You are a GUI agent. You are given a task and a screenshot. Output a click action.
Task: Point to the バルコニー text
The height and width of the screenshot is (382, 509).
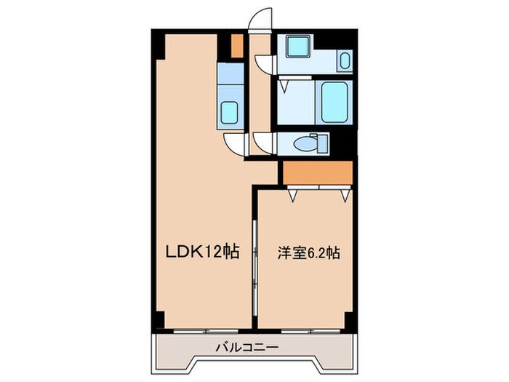point(247,349)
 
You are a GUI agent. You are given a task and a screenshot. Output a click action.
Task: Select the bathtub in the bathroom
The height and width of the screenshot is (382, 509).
point(334,103)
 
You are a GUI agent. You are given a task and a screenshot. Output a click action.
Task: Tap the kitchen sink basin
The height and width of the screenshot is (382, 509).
point(231,113)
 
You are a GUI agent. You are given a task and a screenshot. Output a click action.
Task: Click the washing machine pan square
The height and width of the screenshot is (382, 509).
point(297,49)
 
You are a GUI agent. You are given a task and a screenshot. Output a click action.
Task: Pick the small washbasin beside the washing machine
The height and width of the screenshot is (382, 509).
point(345,60)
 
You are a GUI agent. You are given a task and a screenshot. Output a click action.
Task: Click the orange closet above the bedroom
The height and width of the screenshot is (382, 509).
point(317,173)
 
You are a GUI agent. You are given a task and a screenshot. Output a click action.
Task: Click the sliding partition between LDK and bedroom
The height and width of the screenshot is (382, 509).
point(254,269)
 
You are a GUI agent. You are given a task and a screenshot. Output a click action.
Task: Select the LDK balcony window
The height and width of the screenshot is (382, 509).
point(204,331)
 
